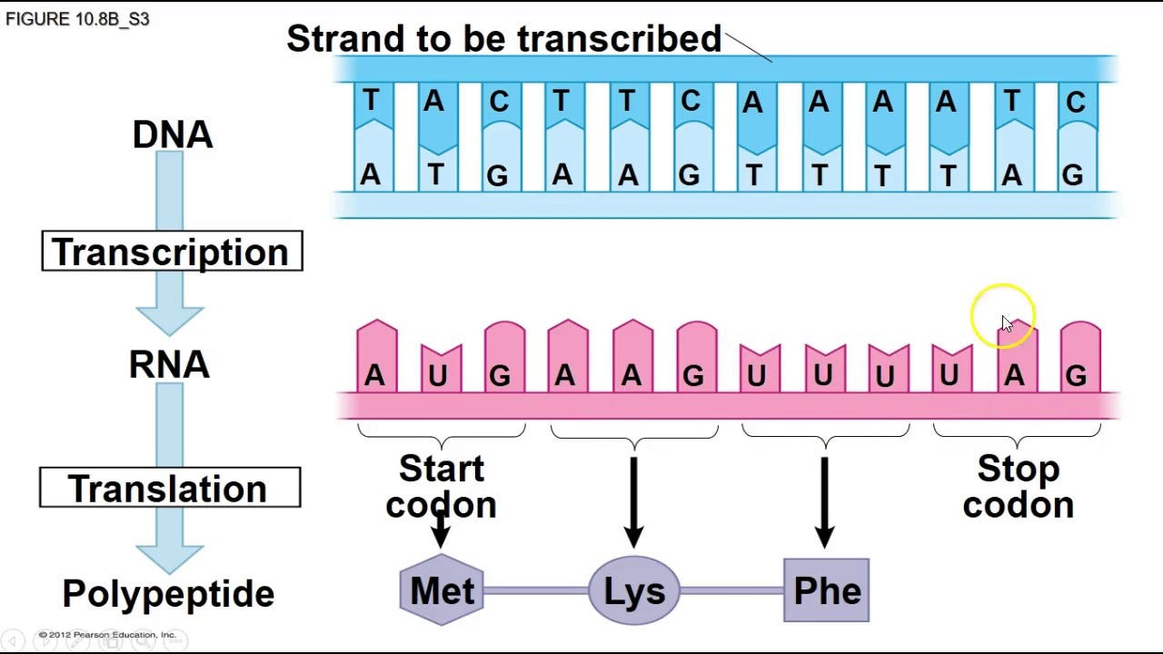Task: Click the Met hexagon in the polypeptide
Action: pyautogui.click(x=442, y=591)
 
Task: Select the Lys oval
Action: pyautogui.click(x=634, y=591)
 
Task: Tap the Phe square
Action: pyautogui.click(x=826, y=591)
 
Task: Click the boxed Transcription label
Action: pyautogui.click(x=172, y=252)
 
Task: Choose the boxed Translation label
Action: pyautogui.click(x=170, y=489)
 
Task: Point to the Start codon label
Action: pyautogui.click(x=442, y=487)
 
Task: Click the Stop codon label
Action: pyautogui.click(x=1018, y=487)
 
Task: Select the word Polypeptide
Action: pyautogui.click(x=168, y=594)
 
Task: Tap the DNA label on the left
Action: pyautogui.click(x=172, y=134)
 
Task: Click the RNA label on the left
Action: pyautogui.click(x=169, y=365)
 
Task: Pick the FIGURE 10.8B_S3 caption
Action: pyautogui.click(x=77, y=19)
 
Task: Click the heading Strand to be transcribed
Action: pyautogui.click(x=503, y=38)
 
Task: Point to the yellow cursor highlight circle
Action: pyautogui.click(x=1003, y=316)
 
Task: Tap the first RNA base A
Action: pyautogui.click(x=374, y=374)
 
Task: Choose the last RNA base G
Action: pyautogui.click(x=1077, y=374)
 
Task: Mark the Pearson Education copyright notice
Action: pyautogui.click(x=107, y=635)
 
